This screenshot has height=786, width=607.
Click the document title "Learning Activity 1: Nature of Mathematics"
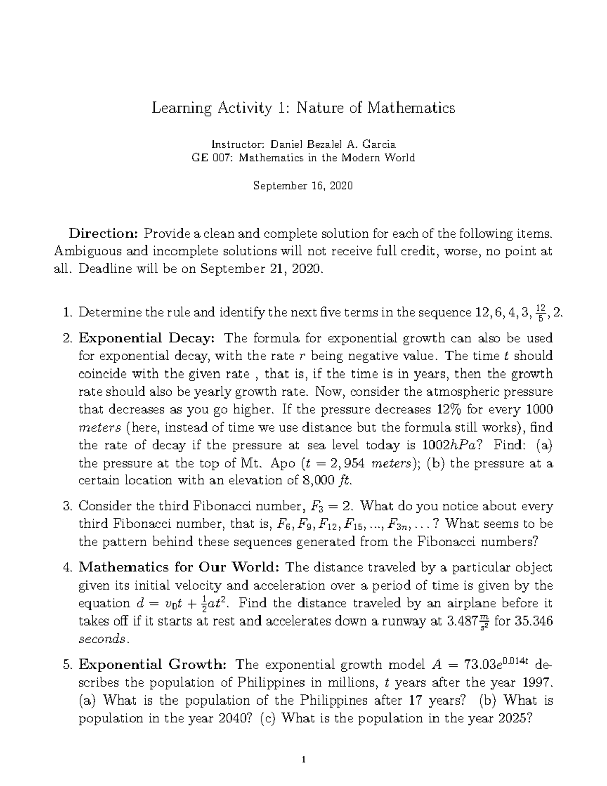(303, 108)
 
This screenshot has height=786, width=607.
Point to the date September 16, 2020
(302, 186)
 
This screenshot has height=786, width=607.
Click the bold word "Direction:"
(104, 234)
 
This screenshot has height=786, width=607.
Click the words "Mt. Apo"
(276, 463)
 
